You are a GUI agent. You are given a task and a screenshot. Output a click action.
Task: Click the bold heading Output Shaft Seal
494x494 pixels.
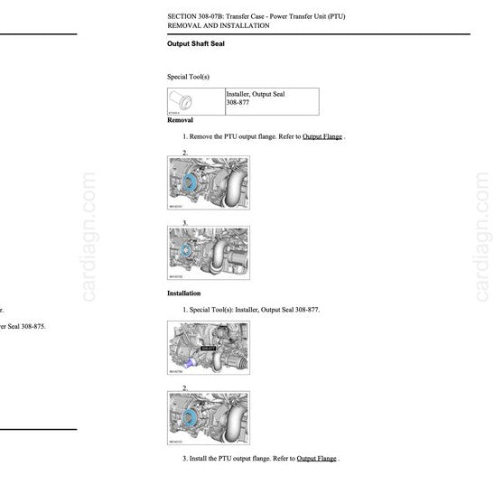click(x=195, y=43)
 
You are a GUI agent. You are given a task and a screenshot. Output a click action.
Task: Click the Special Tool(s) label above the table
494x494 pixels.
click(x=188, y=77)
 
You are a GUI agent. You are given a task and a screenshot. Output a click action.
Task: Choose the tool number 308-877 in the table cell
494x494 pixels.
click(x=238, y=103)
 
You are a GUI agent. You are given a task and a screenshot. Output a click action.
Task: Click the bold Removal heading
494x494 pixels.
click(x=180, y=120)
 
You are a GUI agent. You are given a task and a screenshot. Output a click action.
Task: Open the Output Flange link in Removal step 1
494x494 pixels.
click(x=322, y=136)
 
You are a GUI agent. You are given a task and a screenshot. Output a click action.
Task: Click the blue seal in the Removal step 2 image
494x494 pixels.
click(x=190, y=183)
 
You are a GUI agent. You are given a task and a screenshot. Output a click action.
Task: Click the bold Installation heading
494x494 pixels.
click(x=183, y=294)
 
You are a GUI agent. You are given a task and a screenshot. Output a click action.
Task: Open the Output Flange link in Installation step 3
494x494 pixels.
click(x=316, y=459)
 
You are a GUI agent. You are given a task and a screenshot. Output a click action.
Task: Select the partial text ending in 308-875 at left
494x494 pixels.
click(x=23, y=326)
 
